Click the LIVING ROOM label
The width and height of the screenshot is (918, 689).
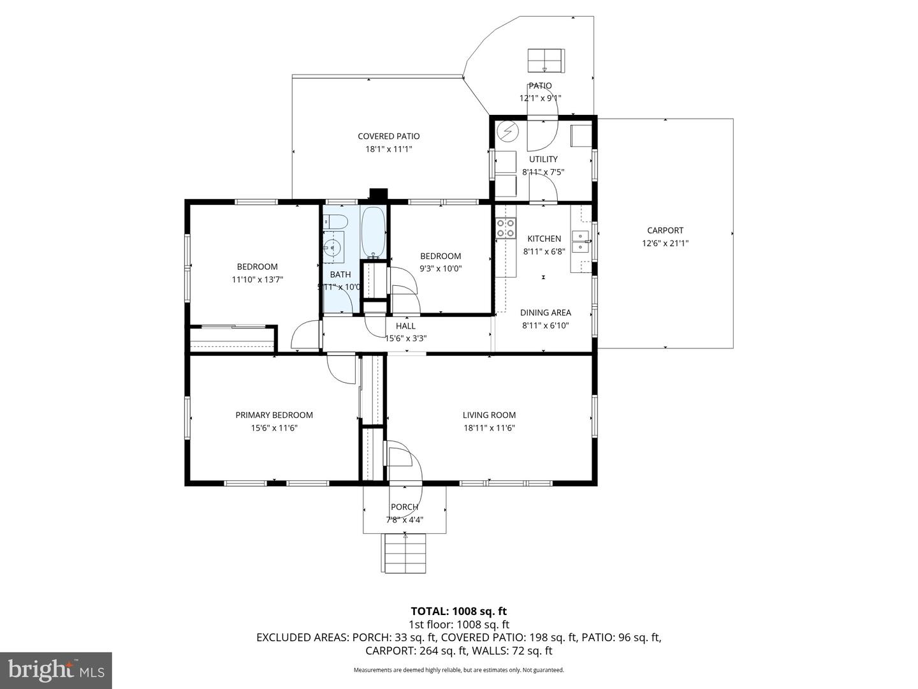coord(489,415)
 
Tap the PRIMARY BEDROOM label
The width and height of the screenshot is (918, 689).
coord(274,415)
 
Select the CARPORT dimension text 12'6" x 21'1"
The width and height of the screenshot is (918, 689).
coord(665,243)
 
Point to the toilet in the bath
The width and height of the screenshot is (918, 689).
coord(335,222)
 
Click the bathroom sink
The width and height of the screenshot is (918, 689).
coord(332,248)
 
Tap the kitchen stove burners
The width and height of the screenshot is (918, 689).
coord(506,228)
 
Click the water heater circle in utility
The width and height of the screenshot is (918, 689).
coord(507,131)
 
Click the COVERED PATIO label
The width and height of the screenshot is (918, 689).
coord(388,136)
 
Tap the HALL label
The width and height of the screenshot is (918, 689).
coord(405,326)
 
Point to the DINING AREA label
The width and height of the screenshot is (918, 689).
coord(545,313)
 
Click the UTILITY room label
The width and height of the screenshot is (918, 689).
coord(543,159)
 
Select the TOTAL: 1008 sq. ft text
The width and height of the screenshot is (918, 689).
coord(458,611)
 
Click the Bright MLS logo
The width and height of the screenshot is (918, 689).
coord(55,670)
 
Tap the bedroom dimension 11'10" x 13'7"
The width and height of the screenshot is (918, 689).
coord(257,279)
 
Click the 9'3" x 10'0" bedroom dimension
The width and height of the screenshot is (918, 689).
coord(441,269)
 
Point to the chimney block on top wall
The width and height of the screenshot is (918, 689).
coord(379,195)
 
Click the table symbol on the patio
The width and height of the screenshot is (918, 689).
coord(546,61)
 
